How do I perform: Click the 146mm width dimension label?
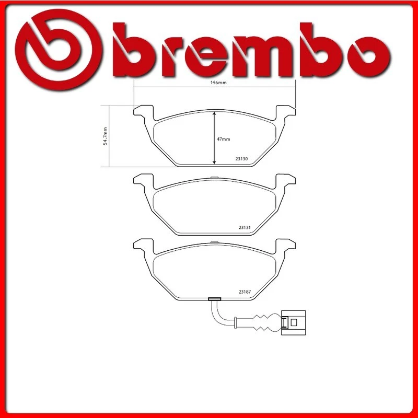pyautogui.click(x=214, y=83)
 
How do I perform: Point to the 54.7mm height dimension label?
pyautogui.click(x=105, y=136)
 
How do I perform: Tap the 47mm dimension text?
pyautogui.click(x=224, y=139)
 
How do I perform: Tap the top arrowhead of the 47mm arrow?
pyautogui.click(x=214, y=113)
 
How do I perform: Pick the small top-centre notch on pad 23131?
pyautogui.click(x=214, y=177)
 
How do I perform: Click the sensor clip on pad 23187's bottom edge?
pyautogui.click(x=214, y=299)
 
